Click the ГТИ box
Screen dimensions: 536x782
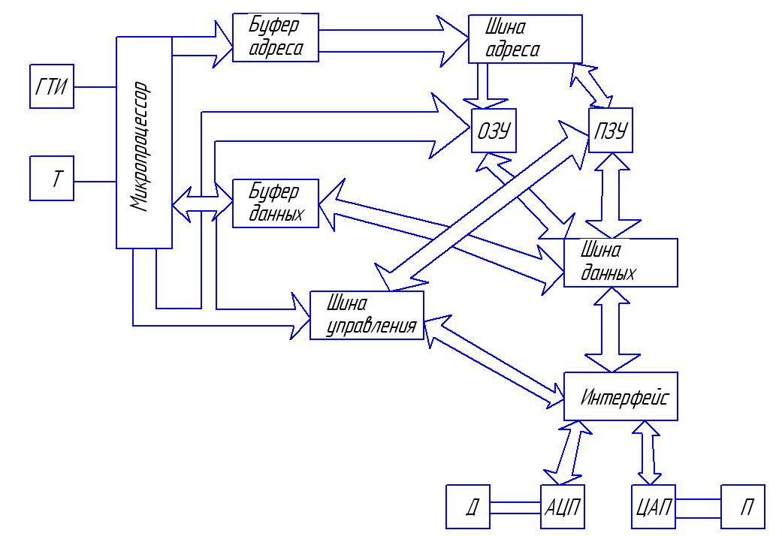[x=52, y=86]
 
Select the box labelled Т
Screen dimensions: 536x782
[x=52, y=179]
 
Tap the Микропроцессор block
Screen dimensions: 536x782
[x=144, y=143]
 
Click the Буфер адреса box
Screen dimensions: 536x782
[x=276, y=38]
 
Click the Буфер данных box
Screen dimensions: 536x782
[x=276, y=203]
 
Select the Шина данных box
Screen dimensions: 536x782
[x=620, y=263]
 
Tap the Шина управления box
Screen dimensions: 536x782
[x=367, y=315]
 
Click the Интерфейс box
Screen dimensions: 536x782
[x=620, y=396]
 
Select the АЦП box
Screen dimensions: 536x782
[x=562, y=507]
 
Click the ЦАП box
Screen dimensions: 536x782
[x=651, y=507]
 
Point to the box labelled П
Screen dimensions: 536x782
[x=743, y=507]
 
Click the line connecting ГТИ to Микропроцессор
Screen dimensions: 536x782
[x=95, y=86]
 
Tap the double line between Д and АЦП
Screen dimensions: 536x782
[x=515, y=507]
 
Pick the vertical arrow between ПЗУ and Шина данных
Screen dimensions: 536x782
[x=612, y=195]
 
